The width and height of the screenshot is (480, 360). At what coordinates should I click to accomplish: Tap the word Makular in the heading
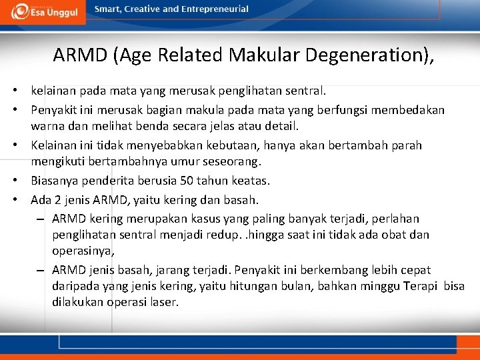[264, 55]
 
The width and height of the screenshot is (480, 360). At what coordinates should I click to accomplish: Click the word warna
[47, 125]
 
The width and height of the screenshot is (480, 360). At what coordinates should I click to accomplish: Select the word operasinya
[83, 251]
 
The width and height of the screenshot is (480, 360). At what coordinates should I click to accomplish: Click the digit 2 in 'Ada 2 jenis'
[55, 199]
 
